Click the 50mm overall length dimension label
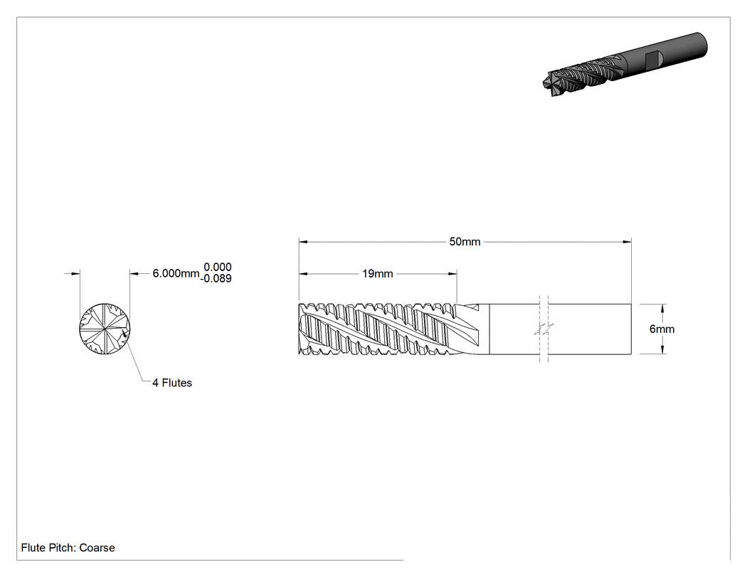465,242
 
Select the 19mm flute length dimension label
377,274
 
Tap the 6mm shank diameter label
662,329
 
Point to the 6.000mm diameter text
176,273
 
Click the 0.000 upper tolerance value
218,268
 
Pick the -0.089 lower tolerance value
216,279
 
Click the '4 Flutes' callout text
172,383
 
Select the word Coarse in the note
97,548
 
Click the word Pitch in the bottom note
62,548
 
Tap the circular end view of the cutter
105,329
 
